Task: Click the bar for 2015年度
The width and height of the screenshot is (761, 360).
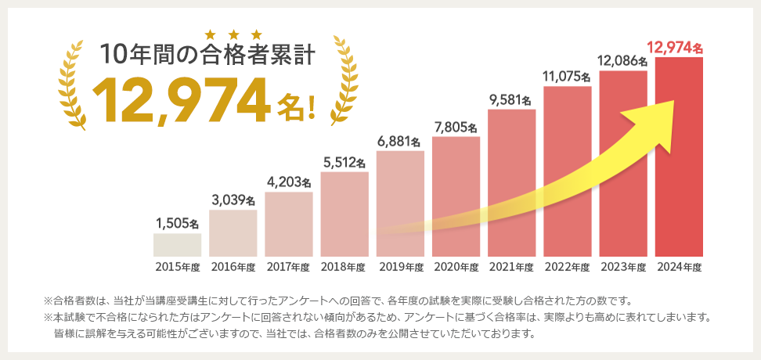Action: pyautogui.click(x=177, y=245)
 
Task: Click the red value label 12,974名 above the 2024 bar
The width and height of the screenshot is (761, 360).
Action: pyautogui.click(x=677, y=49)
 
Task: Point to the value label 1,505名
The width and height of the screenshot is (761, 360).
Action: pyautogui.click(x=178, y=224)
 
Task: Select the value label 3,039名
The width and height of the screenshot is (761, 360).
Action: pyautogui.click(x=233, y=200)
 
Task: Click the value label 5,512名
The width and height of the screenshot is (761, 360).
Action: pyautogui.click(x=344, y=163)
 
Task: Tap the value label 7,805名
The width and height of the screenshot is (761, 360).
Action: pyautogui.click(x=456, y=128)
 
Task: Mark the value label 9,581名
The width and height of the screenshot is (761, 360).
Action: pyautogui.click(x=511, y=100)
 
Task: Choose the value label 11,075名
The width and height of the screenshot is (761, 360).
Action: pyautogui.click(x=567, y=77)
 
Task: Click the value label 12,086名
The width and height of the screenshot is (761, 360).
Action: pyautogui.click(x=622, y=60)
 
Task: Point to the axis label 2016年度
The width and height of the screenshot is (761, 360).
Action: pyautogui.click(x=233, y=267)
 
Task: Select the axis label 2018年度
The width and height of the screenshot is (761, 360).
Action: pyautogui.click(x=344, y=267)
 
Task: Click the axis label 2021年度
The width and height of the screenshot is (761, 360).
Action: pyautogui.click(x=511, y=267)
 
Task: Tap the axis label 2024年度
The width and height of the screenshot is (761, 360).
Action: pyautogui.click(x=679, y=267)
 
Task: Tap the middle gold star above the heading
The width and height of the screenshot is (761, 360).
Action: pyautogui.click(x=233, y=34)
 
